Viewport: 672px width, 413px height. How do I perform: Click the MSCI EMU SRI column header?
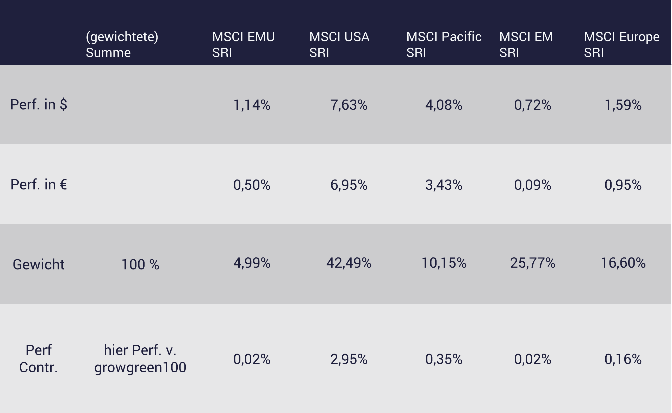(243, 44)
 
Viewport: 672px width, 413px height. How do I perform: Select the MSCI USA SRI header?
(339, 44)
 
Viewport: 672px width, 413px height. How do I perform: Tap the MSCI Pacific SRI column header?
(444, 44)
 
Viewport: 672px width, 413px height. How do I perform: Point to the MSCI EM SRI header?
(526, 44)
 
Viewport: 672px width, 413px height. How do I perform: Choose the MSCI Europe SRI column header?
(621, 44)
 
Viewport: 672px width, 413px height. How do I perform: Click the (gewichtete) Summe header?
(122, 44)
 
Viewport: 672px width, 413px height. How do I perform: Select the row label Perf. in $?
(39, 104)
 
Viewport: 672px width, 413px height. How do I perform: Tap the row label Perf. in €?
(39, 185)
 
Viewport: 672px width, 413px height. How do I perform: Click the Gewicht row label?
(39, 264)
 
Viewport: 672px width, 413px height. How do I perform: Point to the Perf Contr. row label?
(39, 359)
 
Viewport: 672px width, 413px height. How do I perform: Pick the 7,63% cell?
(349, 105)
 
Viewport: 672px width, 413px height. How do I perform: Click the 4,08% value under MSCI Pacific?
(444, 105)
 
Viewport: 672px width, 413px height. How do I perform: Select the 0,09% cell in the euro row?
(532, 185)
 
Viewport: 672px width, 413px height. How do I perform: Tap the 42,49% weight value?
(349, 263)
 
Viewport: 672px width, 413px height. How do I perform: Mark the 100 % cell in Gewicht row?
(140, 265)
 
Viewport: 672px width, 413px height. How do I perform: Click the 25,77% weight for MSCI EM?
(532, 263)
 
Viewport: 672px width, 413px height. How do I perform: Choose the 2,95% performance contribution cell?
(349, 359)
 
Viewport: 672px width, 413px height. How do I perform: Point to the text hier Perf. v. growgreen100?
(140, 359)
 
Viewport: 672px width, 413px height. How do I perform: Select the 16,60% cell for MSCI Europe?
(623, 263)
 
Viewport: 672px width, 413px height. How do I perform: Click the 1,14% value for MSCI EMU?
(252, 105)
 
